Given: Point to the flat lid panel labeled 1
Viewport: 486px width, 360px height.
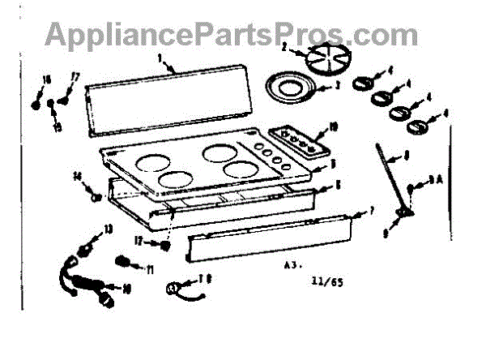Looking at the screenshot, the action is [x=166, y=97].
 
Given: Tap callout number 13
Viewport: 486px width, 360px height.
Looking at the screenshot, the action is [x=109, y=230].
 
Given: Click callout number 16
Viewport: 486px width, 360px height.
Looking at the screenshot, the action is [x=46, y=78].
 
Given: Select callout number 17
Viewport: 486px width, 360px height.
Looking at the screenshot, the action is [x=75, y=77].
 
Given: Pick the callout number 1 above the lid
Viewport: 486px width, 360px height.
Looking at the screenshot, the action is [x=160, y=58].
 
